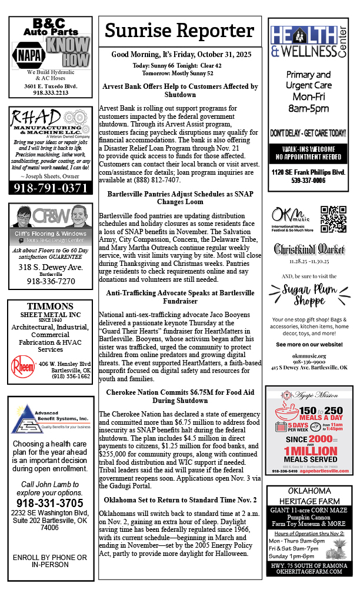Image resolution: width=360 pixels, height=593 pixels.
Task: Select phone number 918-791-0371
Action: tap(51, 188)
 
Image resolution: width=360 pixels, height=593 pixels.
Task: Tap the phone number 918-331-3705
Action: tap(50, 503)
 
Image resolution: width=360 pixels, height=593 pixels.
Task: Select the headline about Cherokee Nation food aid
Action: tap(180, 396)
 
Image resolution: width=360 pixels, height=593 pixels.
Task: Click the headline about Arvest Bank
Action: tap(180, 90)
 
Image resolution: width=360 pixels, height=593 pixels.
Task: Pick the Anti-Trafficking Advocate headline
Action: tap(180, 296)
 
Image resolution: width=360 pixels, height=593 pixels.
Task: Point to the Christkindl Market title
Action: tap(309, 249)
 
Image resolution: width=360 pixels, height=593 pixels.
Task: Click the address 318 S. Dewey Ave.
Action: tap(51, 267)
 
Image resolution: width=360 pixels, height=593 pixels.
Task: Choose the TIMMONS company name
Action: tap(50, 307)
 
